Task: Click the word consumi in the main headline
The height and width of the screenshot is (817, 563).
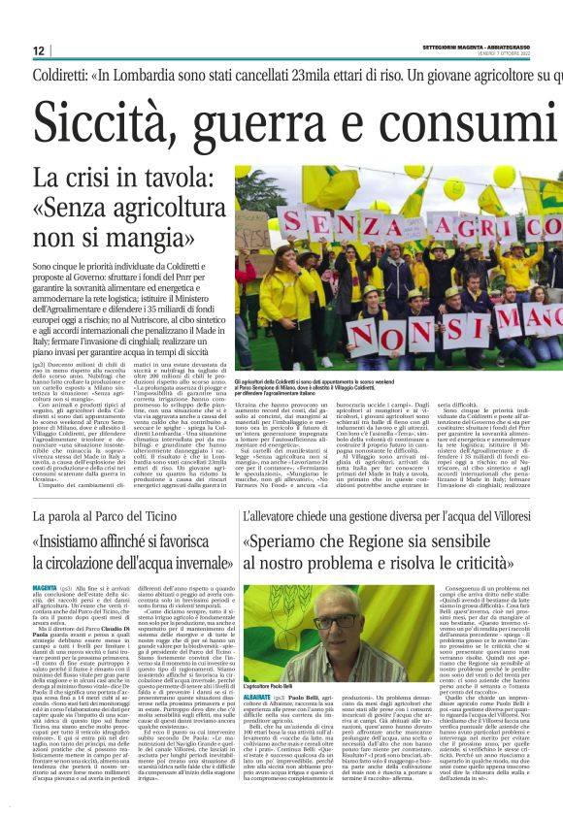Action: (x=484, y=119)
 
